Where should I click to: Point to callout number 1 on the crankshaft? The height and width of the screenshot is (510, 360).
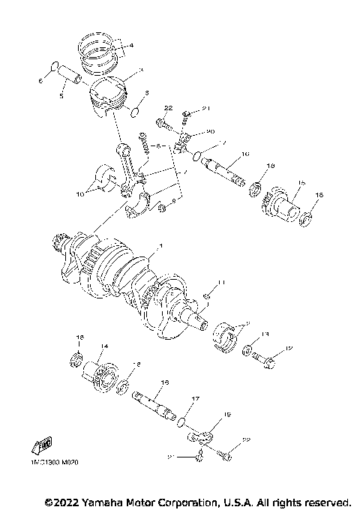(158, 245)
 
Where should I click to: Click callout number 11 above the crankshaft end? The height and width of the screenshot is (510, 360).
(220, 282)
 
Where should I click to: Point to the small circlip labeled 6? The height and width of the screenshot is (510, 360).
(53, 70)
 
